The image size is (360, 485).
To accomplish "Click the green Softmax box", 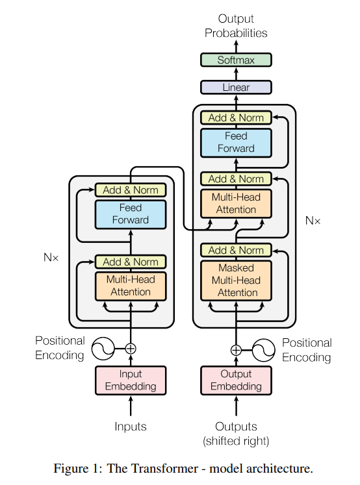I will click(x=235, y=60).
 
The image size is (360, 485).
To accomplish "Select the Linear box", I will click(x=235, y=87).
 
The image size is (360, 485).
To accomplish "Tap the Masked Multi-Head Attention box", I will click(x=235, y=280).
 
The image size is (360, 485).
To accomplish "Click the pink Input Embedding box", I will click(x=131, y=380).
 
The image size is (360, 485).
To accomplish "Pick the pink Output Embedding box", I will click(x=235, y=380).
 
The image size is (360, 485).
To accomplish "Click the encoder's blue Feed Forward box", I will click(x=131, y=214).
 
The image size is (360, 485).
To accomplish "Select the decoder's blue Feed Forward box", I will click(x=235, y=142).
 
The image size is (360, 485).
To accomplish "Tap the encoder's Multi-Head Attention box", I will click(x=131, y=286).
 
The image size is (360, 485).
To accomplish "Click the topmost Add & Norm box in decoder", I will click(x=235, y=118).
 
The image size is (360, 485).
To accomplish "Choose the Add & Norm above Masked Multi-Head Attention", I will click(x=235, y=250).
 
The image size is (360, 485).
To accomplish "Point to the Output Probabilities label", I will click(x=235, y=26).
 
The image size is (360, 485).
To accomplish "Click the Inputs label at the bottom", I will click(x=131, y=427).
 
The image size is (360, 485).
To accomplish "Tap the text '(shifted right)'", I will click(x=235, y=441).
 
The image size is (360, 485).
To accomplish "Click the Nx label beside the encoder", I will click(x=51, y=257).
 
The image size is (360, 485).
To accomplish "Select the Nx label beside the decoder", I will click(x=313, y=221).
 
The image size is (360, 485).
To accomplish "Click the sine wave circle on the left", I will click(x=103, y=349).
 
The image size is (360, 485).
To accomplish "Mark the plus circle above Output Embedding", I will click(x=235, y=350).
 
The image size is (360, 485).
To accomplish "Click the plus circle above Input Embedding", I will click(x=131, y=349).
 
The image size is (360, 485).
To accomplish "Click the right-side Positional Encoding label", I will click(x=307, y=350).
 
